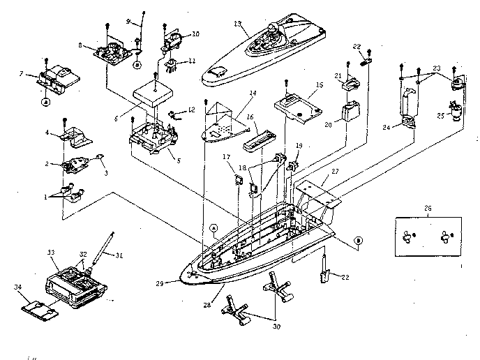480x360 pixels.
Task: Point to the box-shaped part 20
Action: click(x=350, y=112)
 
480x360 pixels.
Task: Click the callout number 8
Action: click(x=81, y=46)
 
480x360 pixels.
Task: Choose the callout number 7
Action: click(x=22, y=74)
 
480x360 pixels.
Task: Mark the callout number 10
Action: click(x=195, y=33)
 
